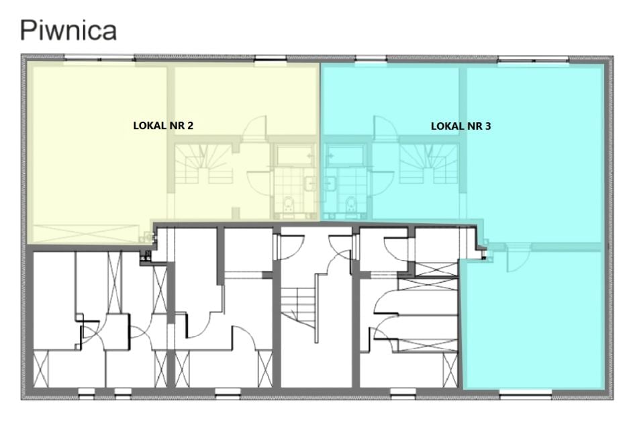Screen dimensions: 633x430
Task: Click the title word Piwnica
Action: tap(68, 30)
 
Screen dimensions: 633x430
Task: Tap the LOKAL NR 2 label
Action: tap(163, 126)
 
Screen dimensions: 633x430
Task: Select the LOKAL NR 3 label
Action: tap(460, 126)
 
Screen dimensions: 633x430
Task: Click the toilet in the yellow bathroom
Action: tap(288, 205)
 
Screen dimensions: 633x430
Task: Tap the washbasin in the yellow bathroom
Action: tap(310, 184)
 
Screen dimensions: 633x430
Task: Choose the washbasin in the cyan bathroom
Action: tap(330, 184)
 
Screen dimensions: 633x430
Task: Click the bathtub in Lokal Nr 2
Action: tap(295, 155)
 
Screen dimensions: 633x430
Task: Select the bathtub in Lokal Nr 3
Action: tap(345, 155)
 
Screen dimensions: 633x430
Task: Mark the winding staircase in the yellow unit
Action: tap(203, 164)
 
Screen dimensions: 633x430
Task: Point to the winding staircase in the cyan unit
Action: tap(429, 164)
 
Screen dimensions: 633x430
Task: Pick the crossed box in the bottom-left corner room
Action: tap(41, 369)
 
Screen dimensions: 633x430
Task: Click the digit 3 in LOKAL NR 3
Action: tap(488, 126)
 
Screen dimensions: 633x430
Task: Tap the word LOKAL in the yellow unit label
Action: tap(146, 126)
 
